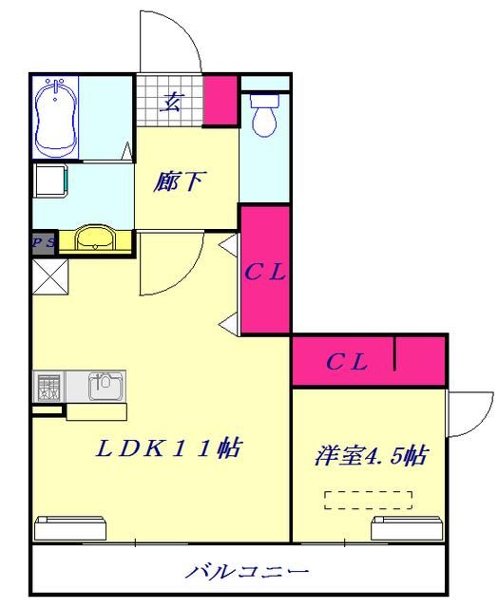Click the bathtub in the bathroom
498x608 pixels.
click(x=56, y=118)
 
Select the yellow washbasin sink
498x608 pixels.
click(x=93, y=238)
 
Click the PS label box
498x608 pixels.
click(x=43, y=242)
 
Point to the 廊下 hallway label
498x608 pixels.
click(x=179, y=181)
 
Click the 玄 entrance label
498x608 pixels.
click(x=171, y=102)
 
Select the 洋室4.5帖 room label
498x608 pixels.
click(x=371, y=456)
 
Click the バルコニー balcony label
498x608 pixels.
click(x=246, y=573)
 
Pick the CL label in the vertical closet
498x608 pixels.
click(x=265, y=274)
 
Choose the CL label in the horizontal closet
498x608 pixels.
click(x=346, y=361)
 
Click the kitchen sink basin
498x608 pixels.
click(x=104, y=385)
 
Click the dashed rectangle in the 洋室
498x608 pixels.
click(x=368, y=500)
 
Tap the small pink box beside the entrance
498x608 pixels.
click(x=220, y=99)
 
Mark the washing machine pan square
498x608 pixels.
click(x=51, y=180)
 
